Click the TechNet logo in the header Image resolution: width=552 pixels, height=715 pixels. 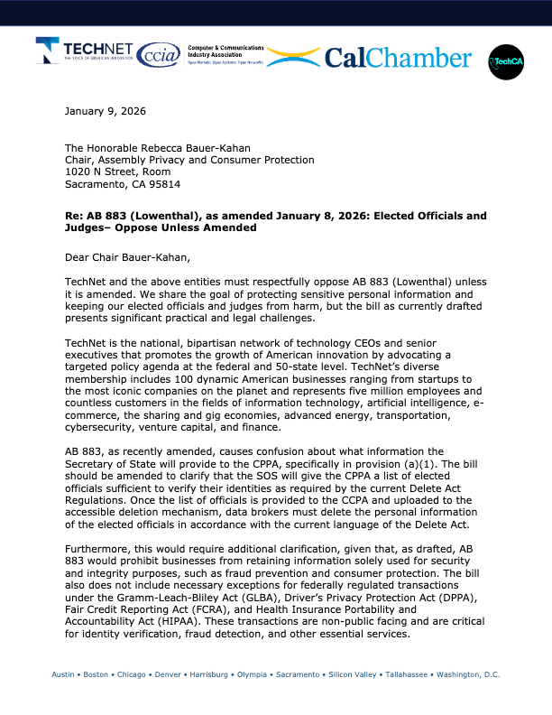click(x=86, y=54)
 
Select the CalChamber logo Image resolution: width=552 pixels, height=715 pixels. click(x=397, y=59)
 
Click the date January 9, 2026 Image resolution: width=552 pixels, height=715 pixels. click(x=106, y=111)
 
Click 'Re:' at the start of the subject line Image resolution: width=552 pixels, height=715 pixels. click(x=74, y=216)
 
